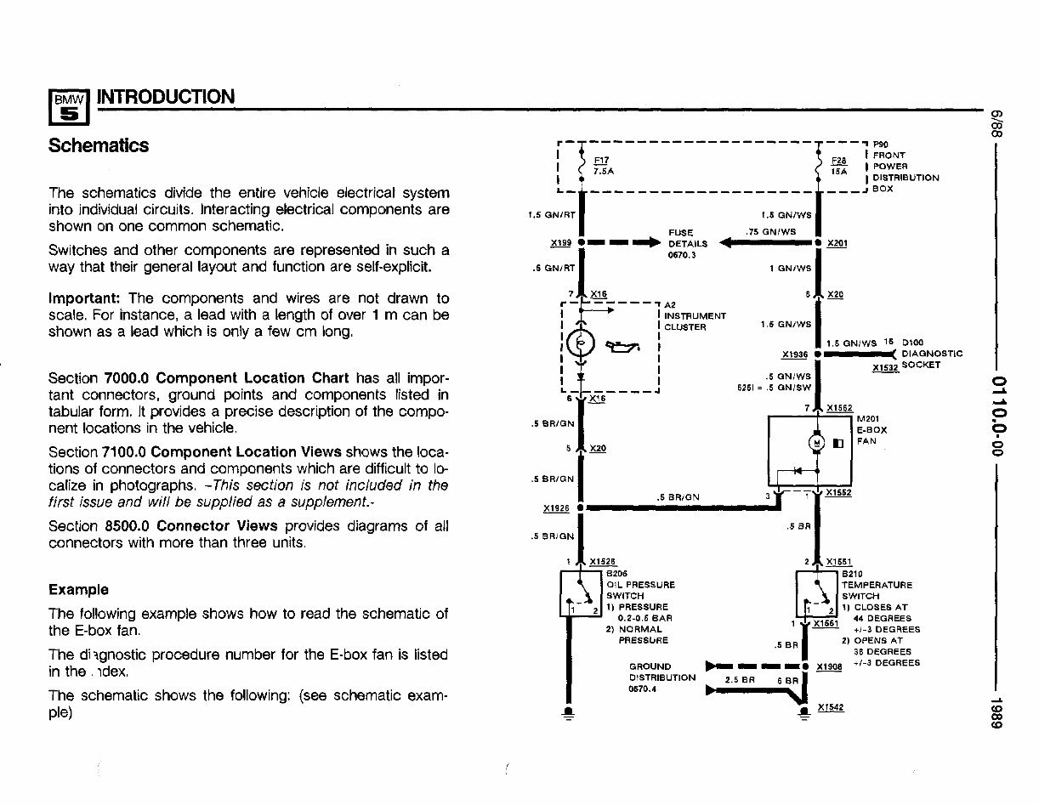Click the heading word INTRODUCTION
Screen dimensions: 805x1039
pos(166,97)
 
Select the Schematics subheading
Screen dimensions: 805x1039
pos(99,145)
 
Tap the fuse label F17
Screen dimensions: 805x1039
pos(600,160)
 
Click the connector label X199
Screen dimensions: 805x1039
pos(560,242)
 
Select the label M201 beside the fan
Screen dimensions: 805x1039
pos(868,418)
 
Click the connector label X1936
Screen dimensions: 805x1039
pos(794,354)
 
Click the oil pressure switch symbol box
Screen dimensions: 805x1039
pos(581,593)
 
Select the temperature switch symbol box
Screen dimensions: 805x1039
pos(815,593)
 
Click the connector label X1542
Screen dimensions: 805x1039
pos(830,707)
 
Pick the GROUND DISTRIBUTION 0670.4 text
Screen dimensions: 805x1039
pos(661,677)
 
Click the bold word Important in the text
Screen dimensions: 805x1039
pos(85,298)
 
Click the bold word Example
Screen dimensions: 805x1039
pos(78,589)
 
